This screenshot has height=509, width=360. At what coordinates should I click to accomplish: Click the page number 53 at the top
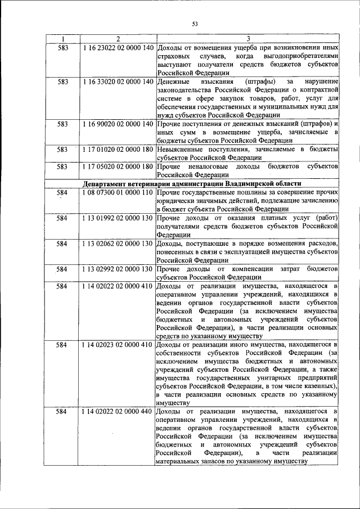(x=195, y=24)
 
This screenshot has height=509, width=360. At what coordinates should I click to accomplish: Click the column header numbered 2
(x=118, y=39)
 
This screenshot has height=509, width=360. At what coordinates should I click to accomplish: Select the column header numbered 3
(x=247, y=39)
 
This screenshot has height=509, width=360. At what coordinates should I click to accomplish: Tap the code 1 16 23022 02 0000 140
(x=118, y=48)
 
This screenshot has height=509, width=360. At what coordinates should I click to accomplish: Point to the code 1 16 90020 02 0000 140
(x=118, y=123)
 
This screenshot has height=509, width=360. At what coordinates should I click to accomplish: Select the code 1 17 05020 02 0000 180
(x=118, y=166)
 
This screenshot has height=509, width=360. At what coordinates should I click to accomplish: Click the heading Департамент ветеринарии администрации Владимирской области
(x=192, y=183)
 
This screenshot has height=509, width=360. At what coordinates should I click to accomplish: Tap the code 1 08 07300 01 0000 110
(x=118, y=192)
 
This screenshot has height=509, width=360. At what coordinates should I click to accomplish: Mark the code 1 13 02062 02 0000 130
(x=118, y=243)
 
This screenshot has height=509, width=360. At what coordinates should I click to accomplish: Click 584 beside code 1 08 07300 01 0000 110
(x=62, y=192)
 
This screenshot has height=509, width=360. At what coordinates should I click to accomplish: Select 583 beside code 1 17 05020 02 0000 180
(x=62, y=166)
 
